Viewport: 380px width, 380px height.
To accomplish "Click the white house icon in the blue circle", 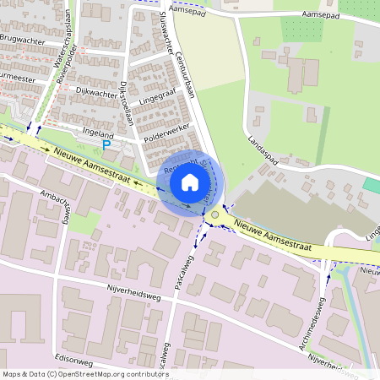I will point(190,182).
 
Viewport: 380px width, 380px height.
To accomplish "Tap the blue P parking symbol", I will point(106,145).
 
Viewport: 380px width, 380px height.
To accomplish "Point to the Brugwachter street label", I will point(22,39).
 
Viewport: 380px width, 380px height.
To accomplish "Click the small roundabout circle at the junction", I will point(215,215).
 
